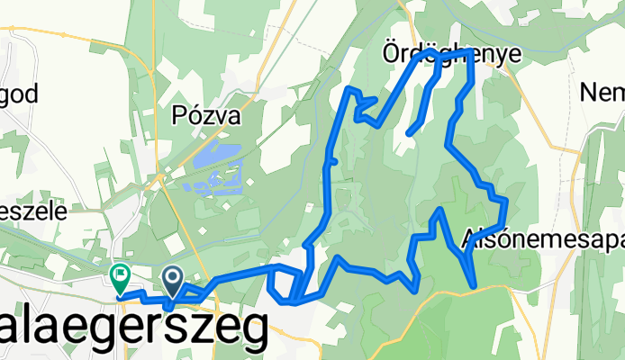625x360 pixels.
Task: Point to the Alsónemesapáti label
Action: (x=540, y=239)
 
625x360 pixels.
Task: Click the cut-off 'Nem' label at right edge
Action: (x=602, y=92)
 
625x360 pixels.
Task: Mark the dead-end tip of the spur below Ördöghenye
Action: (x=409, y=134)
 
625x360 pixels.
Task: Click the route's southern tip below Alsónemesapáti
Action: (x=474, y=287)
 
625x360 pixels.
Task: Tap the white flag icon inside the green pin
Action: (x=119, y=272)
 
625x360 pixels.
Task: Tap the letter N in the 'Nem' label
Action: (x=590, y=92)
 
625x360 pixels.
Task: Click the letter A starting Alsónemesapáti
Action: (x=469, y=239)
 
